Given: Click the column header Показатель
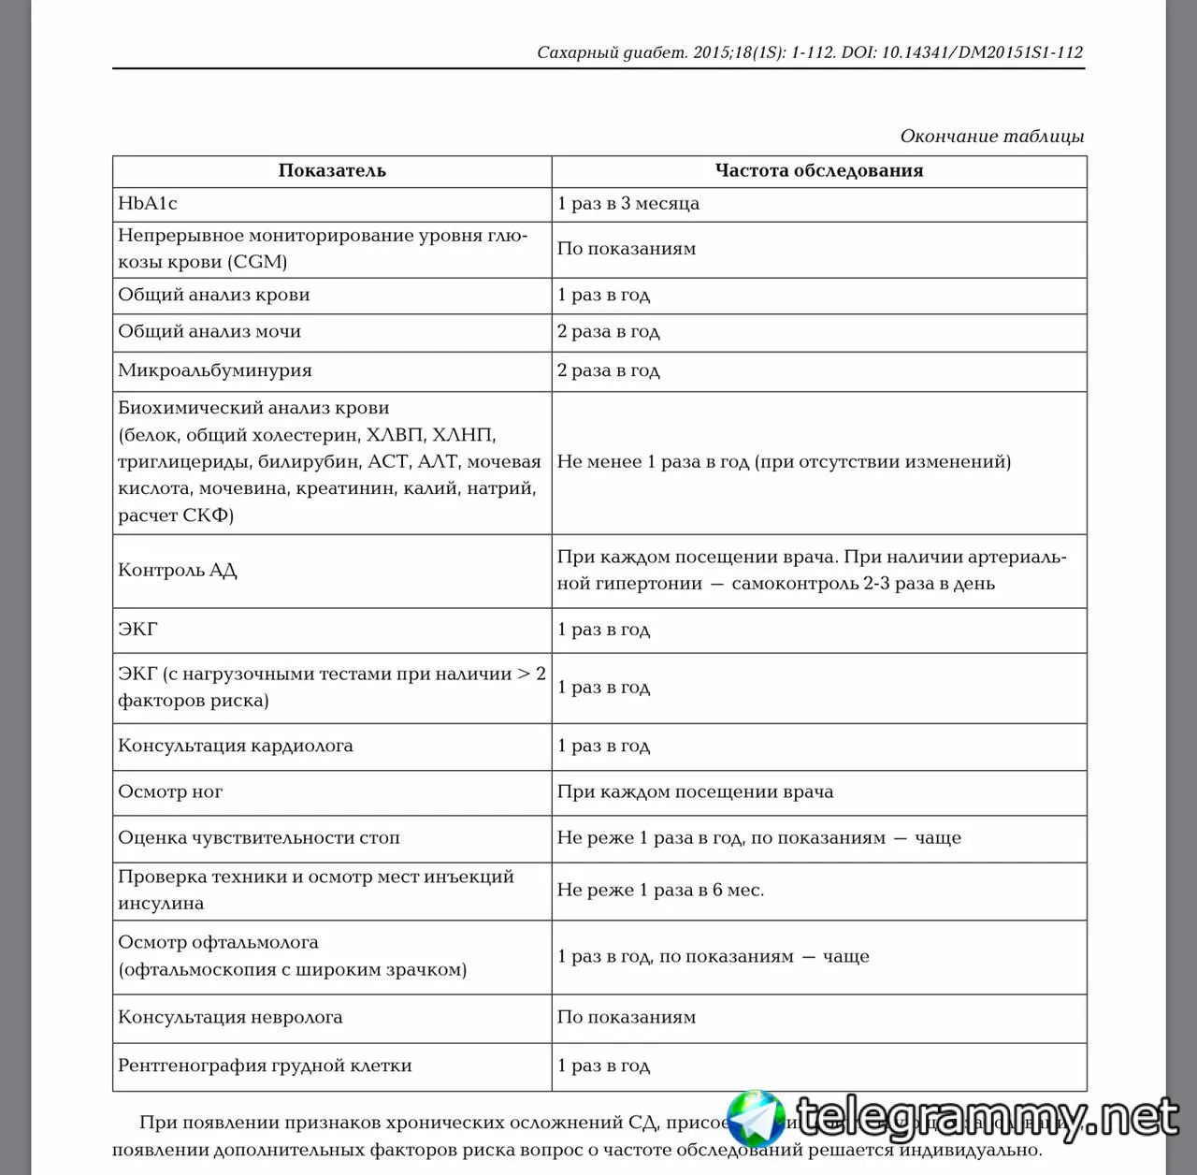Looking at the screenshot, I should (332, 170).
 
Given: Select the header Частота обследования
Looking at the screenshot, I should (818, 170).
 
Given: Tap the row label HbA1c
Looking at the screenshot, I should (148, 203).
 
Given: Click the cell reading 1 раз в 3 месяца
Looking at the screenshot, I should (627, 203).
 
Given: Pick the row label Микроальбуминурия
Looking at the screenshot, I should (214, 370).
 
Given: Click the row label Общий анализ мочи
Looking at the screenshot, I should (209, 331).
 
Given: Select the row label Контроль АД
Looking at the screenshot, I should (178, 570).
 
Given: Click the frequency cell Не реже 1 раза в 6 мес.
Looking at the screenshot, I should (660, 890).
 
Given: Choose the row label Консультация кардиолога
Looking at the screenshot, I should (236, 746).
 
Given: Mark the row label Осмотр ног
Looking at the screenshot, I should (170, 791).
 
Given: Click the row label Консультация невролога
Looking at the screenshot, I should (230, 1017).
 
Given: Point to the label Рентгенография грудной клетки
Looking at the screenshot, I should (265, 1066).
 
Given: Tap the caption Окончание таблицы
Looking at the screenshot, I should (991, 136).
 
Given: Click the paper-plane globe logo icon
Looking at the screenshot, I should (757, 1119).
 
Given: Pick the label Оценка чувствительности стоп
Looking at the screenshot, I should (258, 837).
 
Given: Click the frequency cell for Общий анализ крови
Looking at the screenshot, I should (603, 295).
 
